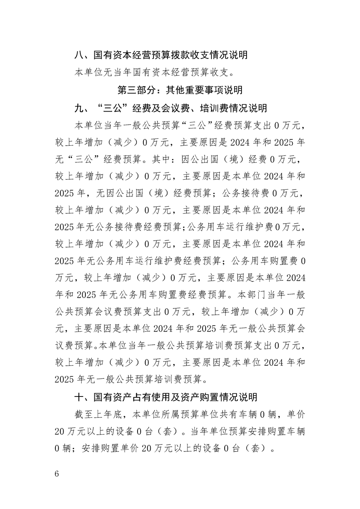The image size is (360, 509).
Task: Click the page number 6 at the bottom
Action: tap(57, 474)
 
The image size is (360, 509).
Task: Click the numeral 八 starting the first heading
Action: tap(79, 55)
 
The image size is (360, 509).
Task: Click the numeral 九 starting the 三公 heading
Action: tap(79, 108)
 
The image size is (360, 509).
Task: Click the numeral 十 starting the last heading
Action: tap(79, 397)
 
